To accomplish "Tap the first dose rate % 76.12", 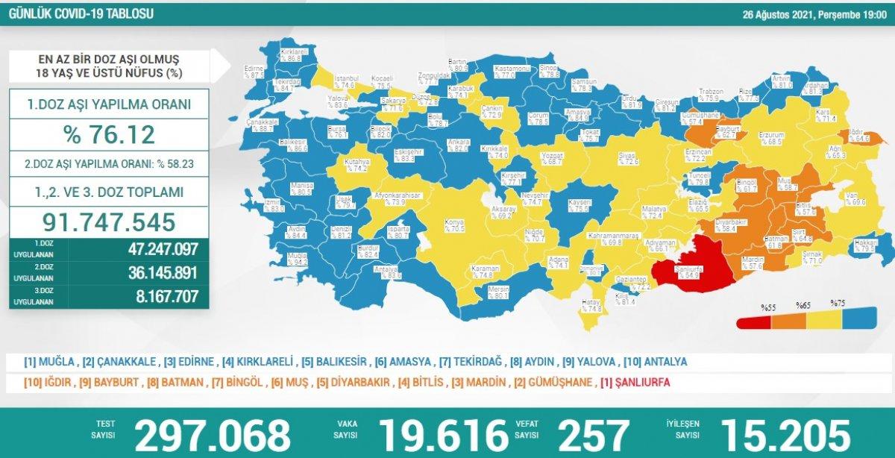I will pyautogui.click(x=110, y=134).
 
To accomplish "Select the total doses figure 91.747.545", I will pyautogui.click(x=110, y=222).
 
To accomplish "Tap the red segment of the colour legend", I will pyautogui.click(x=754, y=321).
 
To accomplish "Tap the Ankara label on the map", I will pyautogui.click(x=456, y=145).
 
